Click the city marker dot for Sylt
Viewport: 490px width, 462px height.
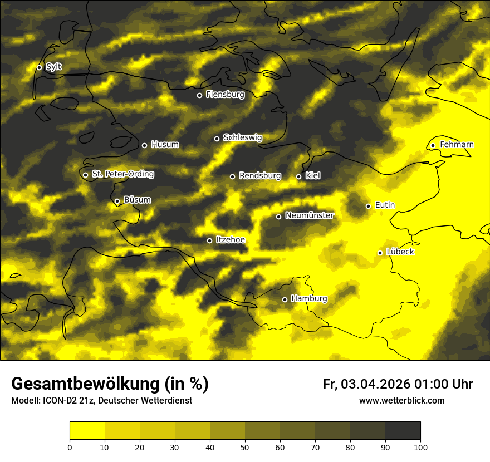point(40,67)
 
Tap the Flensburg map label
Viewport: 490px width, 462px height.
point(225,95)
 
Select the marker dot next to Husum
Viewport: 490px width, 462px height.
point(144,145)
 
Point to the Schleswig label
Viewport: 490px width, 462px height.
point(242,137)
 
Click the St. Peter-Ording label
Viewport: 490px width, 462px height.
point(122,174)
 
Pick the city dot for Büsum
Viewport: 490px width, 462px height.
point(117,201)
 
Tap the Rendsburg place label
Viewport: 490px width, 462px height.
point(259,176)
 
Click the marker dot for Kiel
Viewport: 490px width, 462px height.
point(298,176)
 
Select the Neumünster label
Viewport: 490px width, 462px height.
point(309,215)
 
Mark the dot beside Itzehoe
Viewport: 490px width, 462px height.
point(209,240)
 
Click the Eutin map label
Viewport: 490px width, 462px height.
point(385,205)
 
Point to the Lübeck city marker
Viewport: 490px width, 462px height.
point(380,253)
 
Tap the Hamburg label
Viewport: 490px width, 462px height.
point(309,299)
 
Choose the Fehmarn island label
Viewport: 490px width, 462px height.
point(457,145)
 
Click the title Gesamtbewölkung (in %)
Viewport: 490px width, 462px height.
point(110,384)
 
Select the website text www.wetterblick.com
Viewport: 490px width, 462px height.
point(401,400)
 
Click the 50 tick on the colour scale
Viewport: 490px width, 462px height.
point(245,446)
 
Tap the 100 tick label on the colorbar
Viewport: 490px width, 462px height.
point(420,446)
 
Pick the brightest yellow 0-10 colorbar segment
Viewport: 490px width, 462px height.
point(87,431)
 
